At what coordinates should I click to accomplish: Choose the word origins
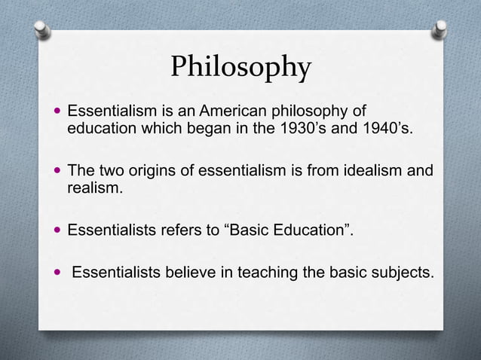click(149, 171)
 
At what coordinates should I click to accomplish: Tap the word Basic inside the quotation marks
click(248, 230)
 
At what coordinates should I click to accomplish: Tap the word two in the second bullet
click(106, 171)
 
